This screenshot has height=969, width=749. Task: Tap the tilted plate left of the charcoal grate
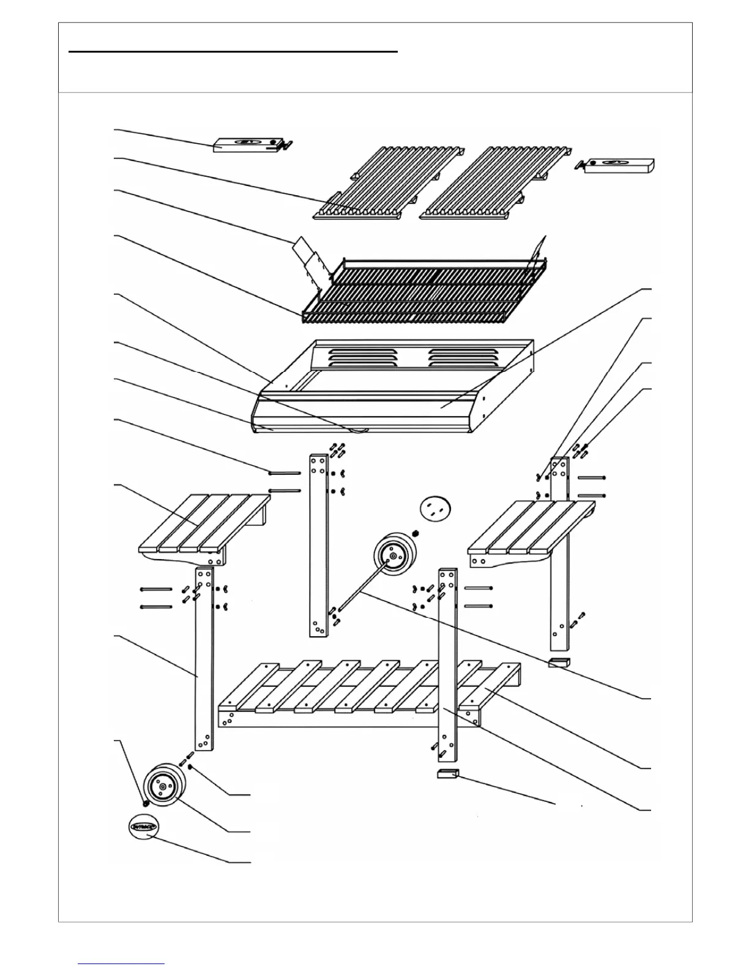point(308,258)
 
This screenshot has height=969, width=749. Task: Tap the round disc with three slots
point(435,508)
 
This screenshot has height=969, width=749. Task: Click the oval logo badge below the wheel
point(144,827)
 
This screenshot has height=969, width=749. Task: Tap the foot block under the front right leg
point(447,774)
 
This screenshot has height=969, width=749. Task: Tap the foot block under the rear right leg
point(558,663)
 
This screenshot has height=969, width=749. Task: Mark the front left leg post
point(204,658)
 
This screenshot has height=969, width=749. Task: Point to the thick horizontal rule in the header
point(233,52)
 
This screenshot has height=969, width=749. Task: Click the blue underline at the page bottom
point(121,963)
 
